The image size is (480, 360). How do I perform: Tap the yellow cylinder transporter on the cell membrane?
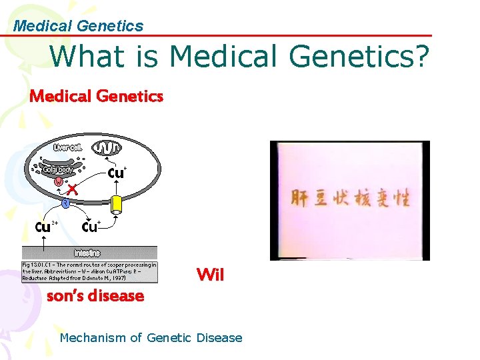tap(117, 203)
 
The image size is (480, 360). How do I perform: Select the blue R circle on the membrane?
tap(66, 203)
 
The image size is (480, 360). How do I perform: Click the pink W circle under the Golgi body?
tap(59, 181)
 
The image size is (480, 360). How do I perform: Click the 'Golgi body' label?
tap(58, 169)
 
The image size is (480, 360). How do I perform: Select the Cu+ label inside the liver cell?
tap(117, 173)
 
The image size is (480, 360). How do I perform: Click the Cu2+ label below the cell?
tap(43, 226)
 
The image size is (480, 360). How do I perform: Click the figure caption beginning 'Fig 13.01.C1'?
tap(89, 271)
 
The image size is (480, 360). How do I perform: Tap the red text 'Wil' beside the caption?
tap(210, 275)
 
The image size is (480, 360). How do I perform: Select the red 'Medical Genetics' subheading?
tap(96, 97)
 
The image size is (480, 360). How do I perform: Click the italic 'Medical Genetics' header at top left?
tap(78, 26)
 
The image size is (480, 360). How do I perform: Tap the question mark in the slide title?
tap(420, 56)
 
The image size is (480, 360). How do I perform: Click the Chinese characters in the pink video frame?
tap(349, 198)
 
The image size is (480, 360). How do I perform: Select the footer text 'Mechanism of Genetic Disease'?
tap(151, 338)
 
